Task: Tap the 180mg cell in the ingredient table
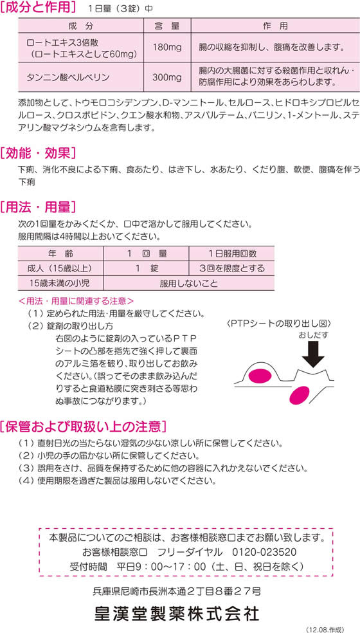click(167, 47)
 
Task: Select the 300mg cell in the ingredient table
click(167, 77)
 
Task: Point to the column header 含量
click(167, 26)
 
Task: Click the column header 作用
click(275, 26)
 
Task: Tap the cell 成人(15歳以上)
click(61, 268)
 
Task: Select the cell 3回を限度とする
click(231, 268)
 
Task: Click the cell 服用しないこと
click(189, 283)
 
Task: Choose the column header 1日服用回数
click(231, 253)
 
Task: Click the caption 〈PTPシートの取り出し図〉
click(279, 324)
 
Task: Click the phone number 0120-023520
click(264, 552)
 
